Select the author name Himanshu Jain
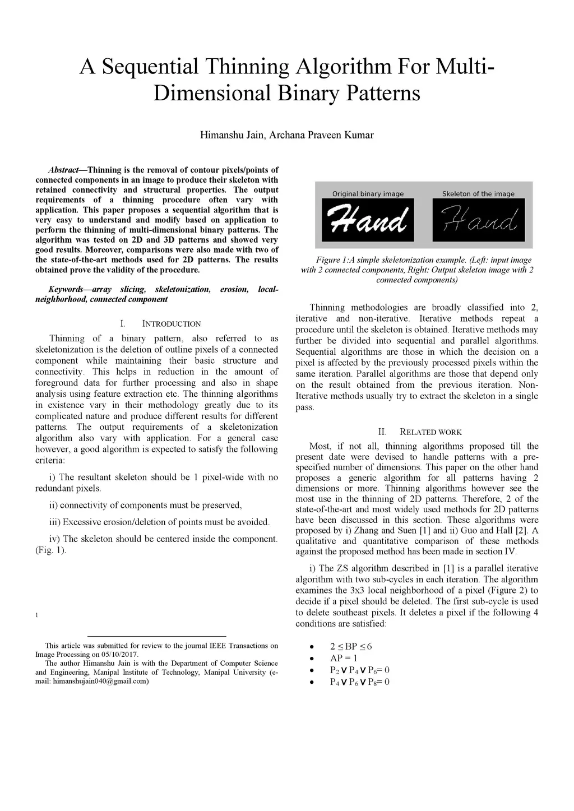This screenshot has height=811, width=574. (x=232, y=135)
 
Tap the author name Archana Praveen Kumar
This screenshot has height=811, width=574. (x=322, y=135)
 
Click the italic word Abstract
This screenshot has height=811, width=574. (x=63, y=170)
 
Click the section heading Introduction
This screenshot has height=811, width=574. (x=171, y=324)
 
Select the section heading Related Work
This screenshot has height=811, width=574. (x=430, y=432)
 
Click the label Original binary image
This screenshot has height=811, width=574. (x=368, y=194)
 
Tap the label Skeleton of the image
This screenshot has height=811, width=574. (x=478, y=194)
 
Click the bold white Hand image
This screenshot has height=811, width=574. (x=368, y=220)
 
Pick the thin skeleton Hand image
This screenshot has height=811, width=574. (x=478, y=220)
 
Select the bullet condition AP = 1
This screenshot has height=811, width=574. (x=344, y=658)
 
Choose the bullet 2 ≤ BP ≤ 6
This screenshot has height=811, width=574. (x=351, y=646)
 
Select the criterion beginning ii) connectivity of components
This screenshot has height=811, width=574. (x=145, y=505)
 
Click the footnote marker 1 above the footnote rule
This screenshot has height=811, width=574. (x=37, y=615)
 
